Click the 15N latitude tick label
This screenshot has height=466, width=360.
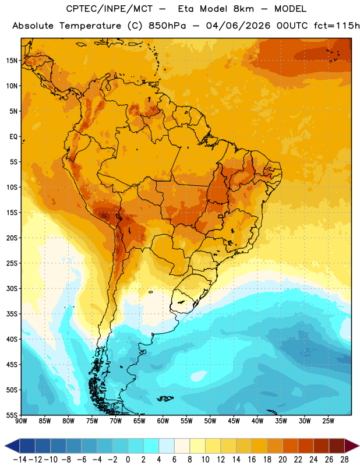(x=12, y=61)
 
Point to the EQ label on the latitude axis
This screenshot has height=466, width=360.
(x=13, y=137)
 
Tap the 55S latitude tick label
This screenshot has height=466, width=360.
(x=12, y=415)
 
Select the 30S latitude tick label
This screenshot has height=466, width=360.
(x=12, y=288)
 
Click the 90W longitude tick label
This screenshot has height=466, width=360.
(x=21, y=421)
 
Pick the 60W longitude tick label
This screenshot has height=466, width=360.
(x=163, y=421)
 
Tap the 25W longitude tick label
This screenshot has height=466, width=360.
(x=328, y=421)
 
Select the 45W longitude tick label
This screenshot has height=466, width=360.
(x=234, y=421)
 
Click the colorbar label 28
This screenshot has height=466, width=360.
(x=344, y=460)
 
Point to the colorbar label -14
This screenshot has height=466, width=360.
(x=20, y=460)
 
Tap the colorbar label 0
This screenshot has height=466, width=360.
(x=128, y=460)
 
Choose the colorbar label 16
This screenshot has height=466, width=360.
(x=252, y=460)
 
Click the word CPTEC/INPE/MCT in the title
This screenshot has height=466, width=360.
(x=110, y=9)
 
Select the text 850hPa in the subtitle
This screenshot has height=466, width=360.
(x=167, y=26)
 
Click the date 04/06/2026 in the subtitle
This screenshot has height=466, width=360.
(x=238, y=26)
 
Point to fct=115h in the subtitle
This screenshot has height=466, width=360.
(x=337, y=26)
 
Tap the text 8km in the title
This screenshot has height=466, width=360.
(x=243, y=9)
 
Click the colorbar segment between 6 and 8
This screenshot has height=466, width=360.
(x=182, y=446)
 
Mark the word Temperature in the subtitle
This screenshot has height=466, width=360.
(x=90, y=26)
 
